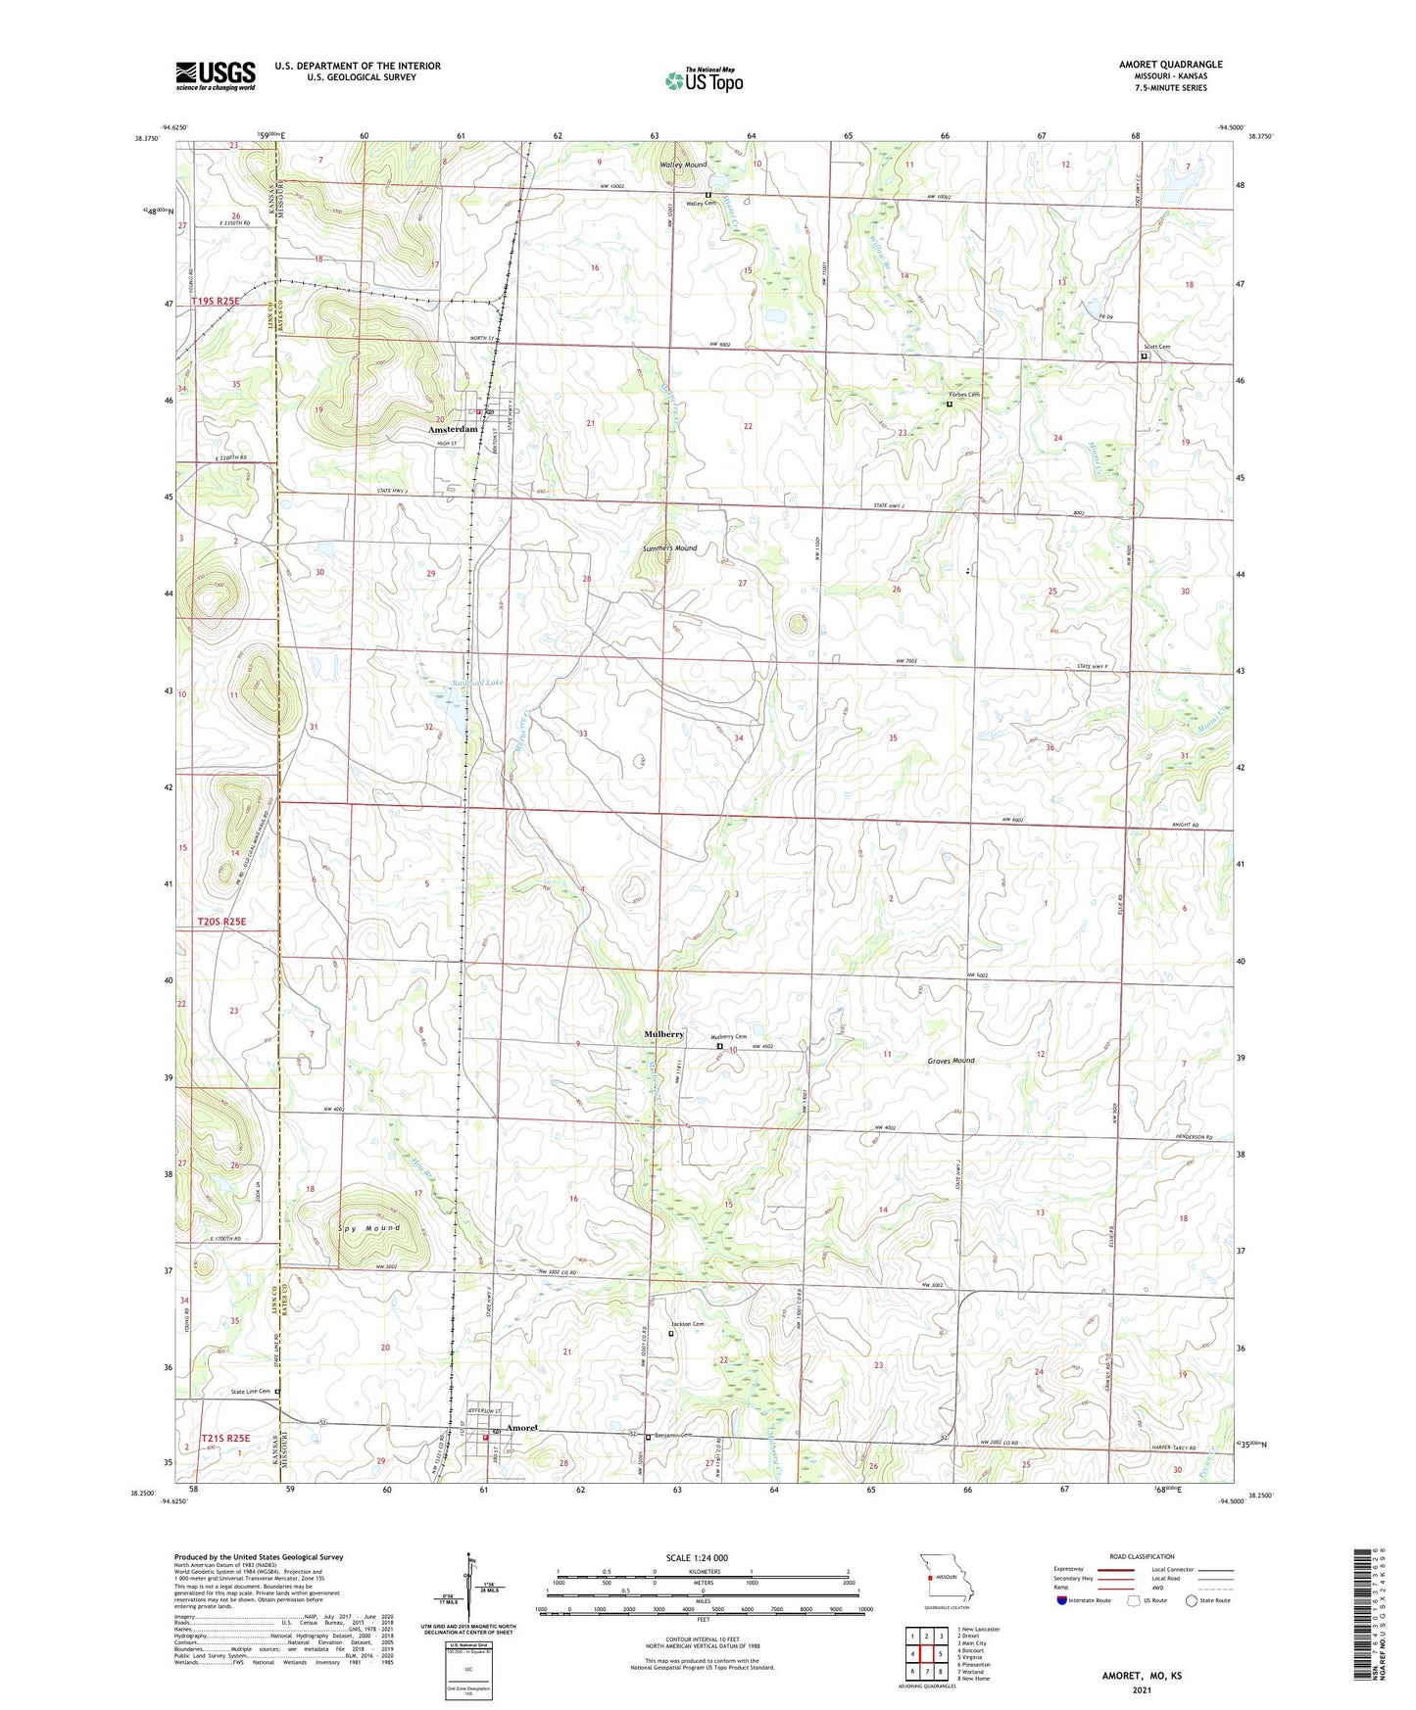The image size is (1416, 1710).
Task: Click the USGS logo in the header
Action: [216, 75]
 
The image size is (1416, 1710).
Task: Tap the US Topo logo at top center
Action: [704, 80]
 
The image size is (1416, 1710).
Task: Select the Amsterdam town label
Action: [452, 429]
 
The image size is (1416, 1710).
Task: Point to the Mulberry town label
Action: [663, 1034]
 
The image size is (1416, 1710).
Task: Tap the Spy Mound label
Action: [369, 1228]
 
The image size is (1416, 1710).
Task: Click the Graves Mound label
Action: [951, 1061]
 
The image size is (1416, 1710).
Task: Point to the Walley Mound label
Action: [683, 165]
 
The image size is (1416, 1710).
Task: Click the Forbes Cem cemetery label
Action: [963, 395]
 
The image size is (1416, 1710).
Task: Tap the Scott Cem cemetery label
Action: [1156, 347]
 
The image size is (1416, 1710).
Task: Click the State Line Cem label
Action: [251, 1392]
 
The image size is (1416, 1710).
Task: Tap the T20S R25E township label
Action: [221, 922]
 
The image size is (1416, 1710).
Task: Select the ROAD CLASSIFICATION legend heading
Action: [1143, 1556]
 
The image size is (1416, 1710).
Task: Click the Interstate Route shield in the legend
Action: [1061, 1601]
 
